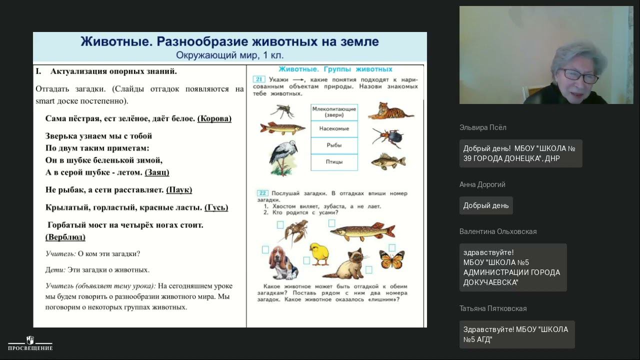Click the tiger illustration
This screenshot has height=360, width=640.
pyautogui.click(x=391, y=111)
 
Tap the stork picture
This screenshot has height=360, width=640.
pyautogui.click(x=283, y=157)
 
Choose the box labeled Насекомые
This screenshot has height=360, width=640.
pyautogui.click(x=334, y=129)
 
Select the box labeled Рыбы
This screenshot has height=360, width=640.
pyautogui.click(x=334, y=145)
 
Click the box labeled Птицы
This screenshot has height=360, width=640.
pyautogui.click(x=334, y=162)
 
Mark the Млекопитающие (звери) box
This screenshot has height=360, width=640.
pyautogui.click(x=334, y=111)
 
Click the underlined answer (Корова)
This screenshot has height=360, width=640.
pyautogui.click(x=214, y=118)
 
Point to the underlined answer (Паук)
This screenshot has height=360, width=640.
pyautogui.click(x=179, y=190)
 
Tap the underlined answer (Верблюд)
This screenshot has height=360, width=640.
pyautogui.click(x=65, y=237)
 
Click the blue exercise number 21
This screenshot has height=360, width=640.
pyautogui.click(x=258, y=79)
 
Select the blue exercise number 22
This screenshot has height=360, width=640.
pyautogui.click(x=262, y=193)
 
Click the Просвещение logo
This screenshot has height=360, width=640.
pyautogui.click(x=30, y=343)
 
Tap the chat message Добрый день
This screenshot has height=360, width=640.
pyautogui.click(x=486, y=205)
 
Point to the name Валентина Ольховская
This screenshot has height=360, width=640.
pyautogui.click(x=498, y=231)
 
